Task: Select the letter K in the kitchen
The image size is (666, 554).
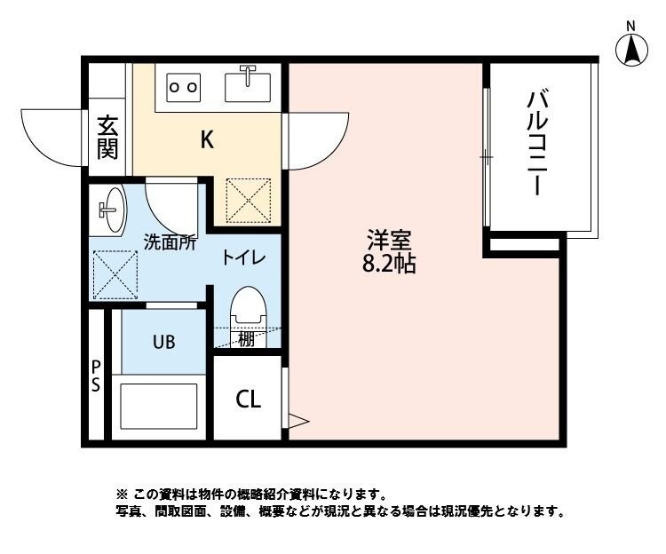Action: point(206,139)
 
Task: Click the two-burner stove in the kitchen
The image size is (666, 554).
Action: point(184,87)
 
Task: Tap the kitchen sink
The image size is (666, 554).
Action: point(248,85)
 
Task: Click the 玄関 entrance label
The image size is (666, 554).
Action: point(107,137)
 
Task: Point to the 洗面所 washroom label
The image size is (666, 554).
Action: point(170,241)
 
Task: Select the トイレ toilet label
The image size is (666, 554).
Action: point(244,257)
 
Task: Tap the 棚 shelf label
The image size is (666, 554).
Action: point(246,338)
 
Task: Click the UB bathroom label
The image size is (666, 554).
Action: point(163,341)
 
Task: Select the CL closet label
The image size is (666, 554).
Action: point(248,400)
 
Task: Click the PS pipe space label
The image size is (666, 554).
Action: point(95,376)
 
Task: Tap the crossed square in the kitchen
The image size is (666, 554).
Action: point(248,200)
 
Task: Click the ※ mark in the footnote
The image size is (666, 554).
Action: point(122,494)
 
